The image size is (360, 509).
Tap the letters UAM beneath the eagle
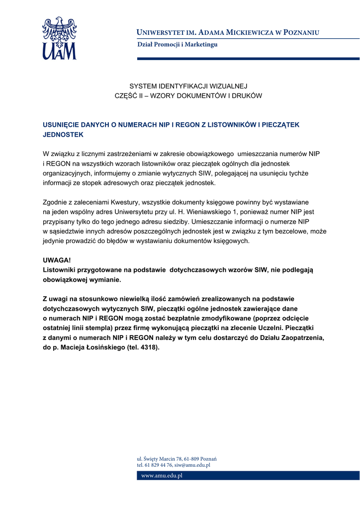coord(59,51)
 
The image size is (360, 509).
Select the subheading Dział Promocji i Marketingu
coord(177,44)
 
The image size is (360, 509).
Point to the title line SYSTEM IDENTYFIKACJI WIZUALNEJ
coord(188,86)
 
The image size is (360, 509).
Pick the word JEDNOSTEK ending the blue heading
coord(63,134)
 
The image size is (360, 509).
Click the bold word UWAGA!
coord(57,260)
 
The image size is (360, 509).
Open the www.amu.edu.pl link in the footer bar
coord(162,476)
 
